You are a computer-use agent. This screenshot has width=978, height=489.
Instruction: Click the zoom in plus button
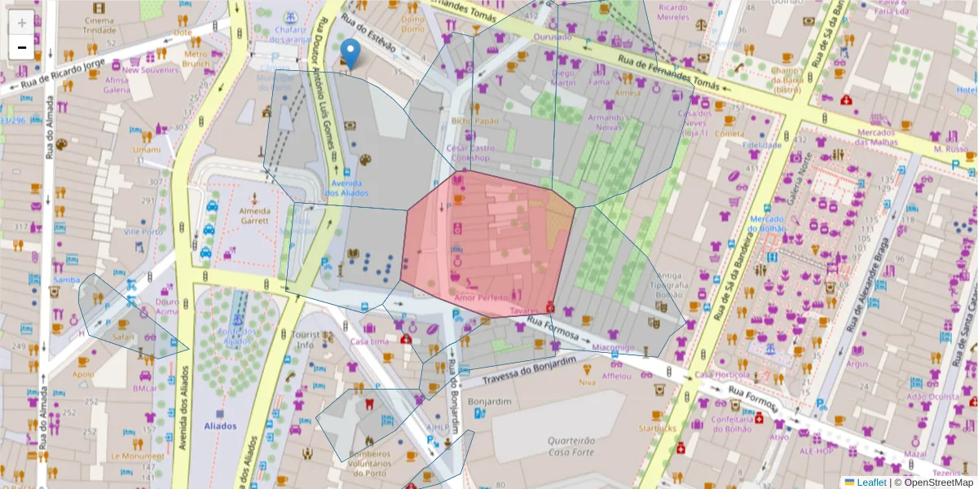coord(21,22)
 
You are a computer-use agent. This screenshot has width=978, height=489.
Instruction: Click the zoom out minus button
coord(21,47)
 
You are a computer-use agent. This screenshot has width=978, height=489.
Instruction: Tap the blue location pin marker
coord(350,53)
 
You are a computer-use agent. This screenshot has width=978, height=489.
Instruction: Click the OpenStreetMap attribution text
coord(933,482)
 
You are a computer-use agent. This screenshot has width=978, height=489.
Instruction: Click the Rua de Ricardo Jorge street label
coord(52,77)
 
